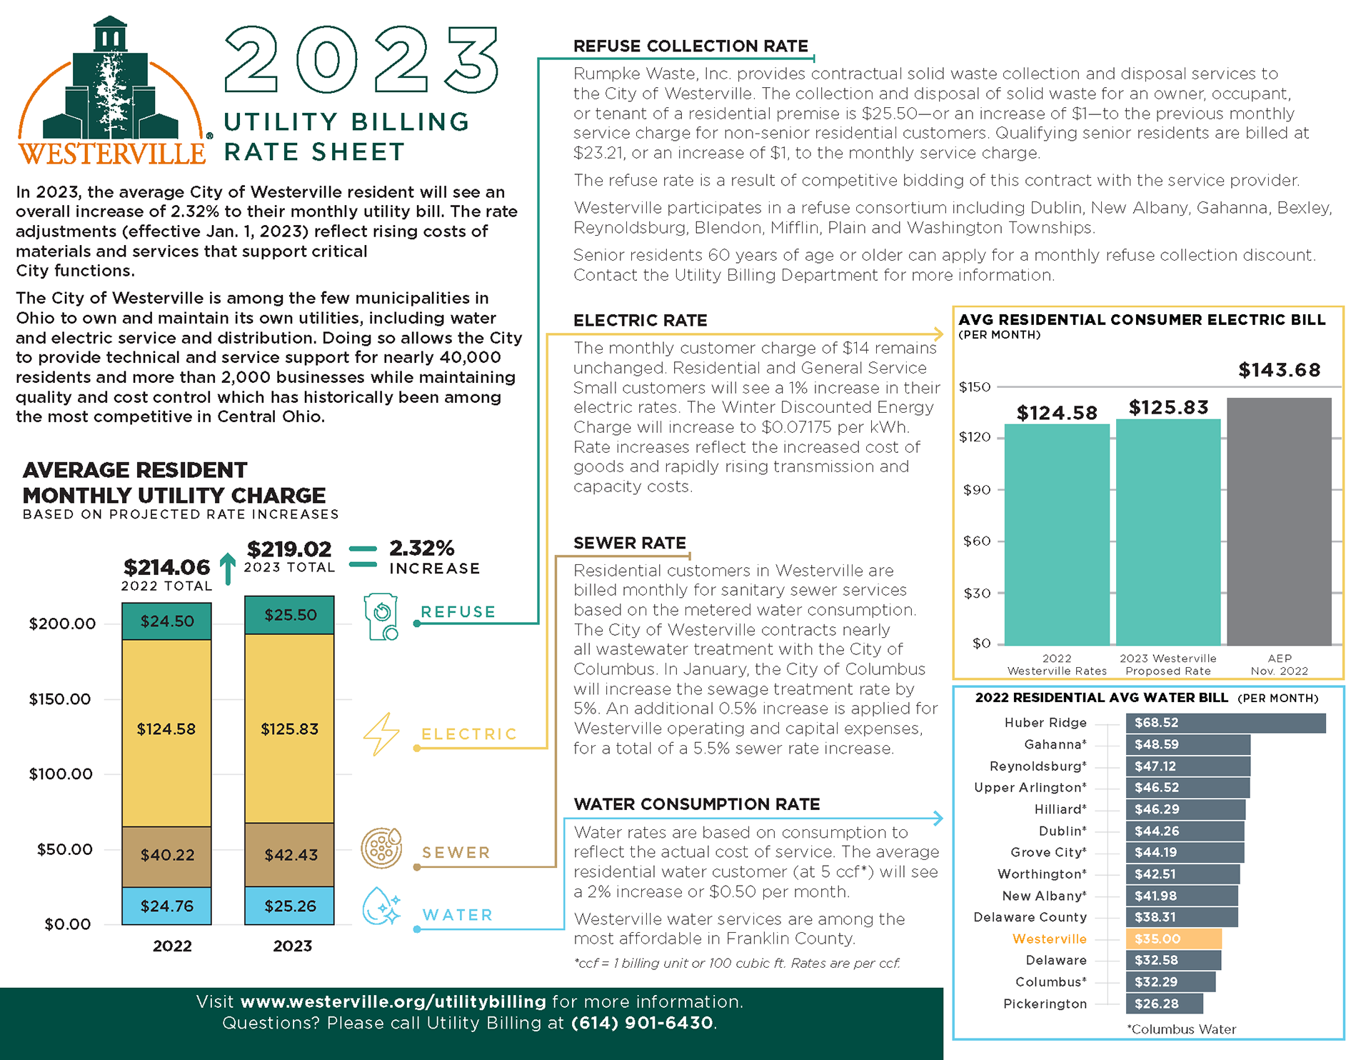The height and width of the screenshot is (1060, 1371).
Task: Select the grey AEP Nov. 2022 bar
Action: point(1279,521)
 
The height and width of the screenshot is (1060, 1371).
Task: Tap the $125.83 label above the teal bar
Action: point(1168,407)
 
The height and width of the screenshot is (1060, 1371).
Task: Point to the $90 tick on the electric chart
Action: point(976,490)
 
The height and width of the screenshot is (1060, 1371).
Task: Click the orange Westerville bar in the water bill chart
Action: point(1173,939)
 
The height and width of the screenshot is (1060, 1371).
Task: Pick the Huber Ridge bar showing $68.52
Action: point(1225,723)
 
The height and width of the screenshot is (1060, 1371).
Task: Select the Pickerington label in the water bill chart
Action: point(1045,1004)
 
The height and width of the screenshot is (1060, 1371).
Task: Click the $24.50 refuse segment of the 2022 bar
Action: point(166,621)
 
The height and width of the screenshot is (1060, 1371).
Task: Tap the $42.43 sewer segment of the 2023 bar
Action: point(290,855)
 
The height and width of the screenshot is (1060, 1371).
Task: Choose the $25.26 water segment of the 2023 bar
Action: point(290,906)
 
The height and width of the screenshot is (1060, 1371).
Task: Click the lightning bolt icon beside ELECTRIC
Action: point(381,734)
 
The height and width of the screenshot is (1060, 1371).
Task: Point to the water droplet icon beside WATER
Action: point(381,906)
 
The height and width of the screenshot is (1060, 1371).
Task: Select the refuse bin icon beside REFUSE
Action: point(381,616)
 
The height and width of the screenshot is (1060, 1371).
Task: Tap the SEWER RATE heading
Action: point(629,543)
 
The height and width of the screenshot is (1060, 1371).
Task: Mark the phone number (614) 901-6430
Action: point(642,1023)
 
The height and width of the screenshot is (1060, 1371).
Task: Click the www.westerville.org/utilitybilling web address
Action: point(393,1001)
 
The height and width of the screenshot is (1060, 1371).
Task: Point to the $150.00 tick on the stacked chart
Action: point(60,699)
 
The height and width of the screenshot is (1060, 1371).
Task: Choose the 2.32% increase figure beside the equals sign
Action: point(422,549)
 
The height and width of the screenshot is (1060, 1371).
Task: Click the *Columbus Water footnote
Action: point(1181,1029)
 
